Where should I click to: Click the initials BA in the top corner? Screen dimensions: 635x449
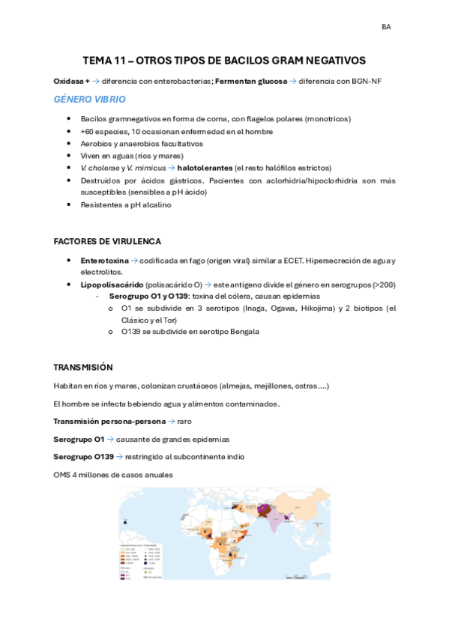pyautogui.click(x=386, y=27)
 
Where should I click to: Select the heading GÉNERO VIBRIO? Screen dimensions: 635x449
pyautogui.click(x=89, y=100)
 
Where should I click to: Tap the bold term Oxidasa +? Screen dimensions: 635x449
pyautogui.click(x=72, y=81)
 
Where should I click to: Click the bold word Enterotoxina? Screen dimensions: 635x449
pyautogui.click(x=105, y=260)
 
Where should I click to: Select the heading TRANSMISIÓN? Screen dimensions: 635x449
pyautogui.click(x=82, y=367)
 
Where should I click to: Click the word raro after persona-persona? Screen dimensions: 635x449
pyautogui.click(x=184, y=421)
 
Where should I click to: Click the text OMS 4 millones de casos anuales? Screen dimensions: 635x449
pyautogui.click(x=112, y=475)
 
